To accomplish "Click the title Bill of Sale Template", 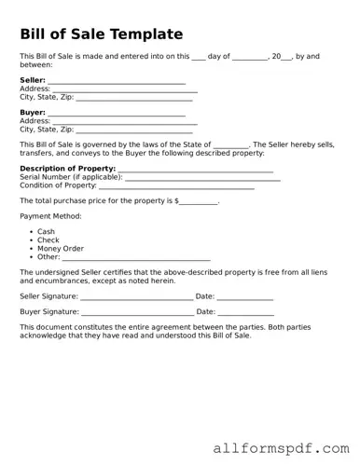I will point(102,34).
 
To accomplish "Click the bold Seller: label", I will point(33,80).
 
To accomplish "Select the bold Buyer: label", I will point(33,113).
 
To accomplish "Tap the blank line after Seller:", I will point(117,82).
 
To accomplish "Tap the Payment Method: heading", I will point(50,216).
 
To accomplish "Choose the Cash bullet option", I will point(46,232).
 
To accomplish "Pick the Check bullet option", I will point(48,240).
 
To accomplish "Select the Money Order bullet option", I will point(61,249).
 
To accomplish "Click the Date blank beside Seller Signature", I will point(245,297).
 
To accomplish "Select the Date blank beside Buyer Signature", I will point(245,313).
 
